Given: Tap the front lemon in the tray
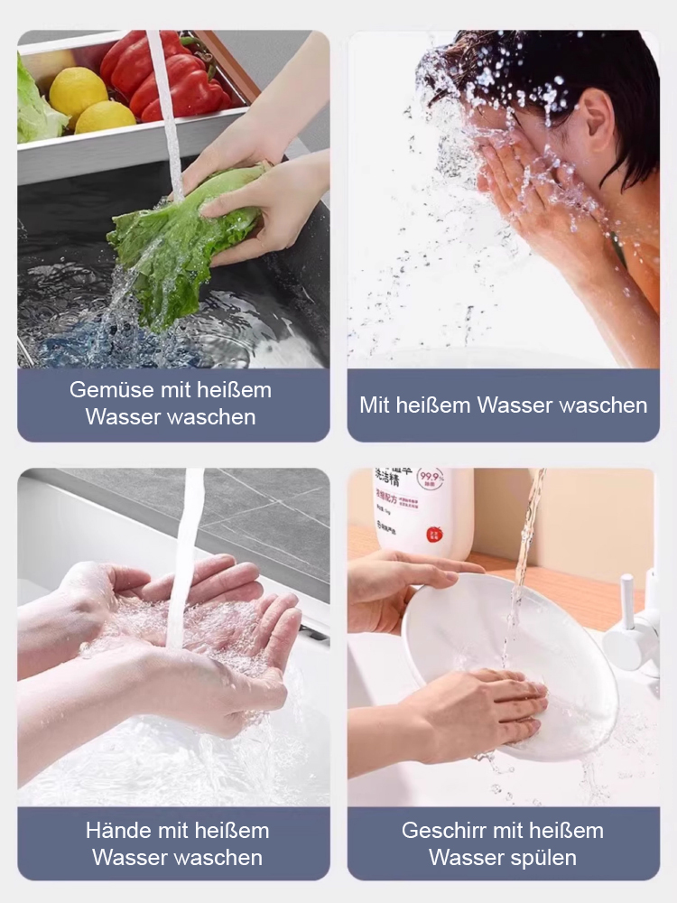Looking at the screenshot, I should pyautogui.click(x=105, y=116).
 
